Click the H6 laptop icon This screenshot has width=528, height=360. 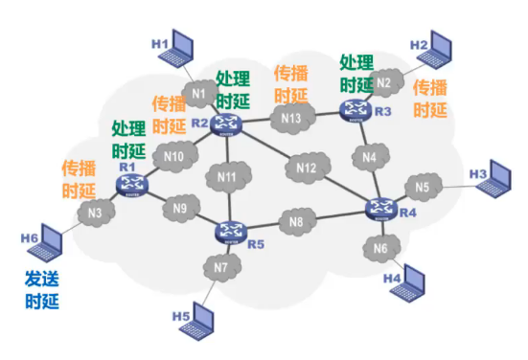(44, 249)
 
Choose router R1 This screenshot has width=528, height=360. (128, 184)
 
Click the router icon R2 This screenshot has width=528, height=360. (228, 123)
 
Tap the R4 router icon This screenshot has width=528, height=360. (381, 208)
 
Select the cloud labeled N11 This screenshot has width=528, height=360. (226, 177)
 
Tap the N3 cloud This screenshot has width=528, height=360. (94, 213)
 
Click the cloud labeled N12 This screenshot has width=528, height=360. (306, 169)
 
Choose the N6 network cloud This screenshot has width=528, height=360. (380, 249)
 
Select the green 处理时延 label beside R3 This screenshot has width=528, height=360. (356, 73)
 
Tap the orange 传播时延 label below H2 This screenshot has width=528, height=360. (429, 99)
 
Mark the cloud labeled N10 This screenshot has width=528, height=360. (174, 156)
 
